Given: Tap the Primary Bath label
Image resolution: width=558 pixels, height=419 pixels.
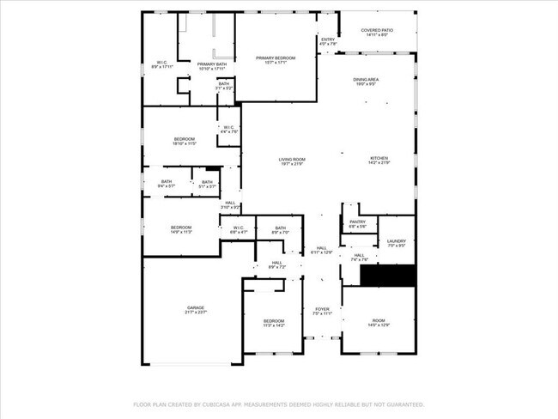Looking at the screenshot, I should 211,65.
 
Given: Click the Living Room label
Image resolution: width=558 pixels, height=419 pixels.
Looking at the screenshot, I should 292,161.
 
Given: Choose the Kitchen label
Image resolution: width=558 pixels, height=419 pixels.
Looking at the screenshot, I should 379,161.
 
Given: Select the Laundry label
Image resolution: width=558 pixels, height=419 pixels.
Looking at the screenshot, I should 396,243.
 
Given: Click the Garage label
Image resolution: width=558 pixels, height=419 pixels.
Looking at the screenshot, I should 196,309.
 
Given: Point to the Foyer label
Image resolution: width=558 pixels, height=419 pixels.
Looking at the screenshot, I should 322,311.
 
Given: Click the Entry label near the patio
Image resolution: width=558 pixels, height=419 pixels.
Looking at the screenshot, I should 328,40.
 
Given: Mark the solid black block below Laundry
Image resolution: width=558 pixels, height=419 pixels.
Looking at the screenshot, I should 387,276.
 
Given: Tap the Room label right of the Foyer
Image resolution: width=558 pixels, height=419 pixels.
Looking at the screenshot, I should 379,323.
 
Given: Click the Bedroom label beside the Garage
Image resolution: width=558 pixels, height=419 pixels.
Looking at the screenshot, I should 273,323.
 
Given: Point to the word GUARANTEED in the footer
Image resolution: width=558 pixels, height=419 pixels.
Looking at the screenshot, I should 402,404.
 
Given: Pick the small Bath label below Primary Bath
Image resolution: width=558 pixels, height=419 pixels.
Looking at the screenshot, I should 223,86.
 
